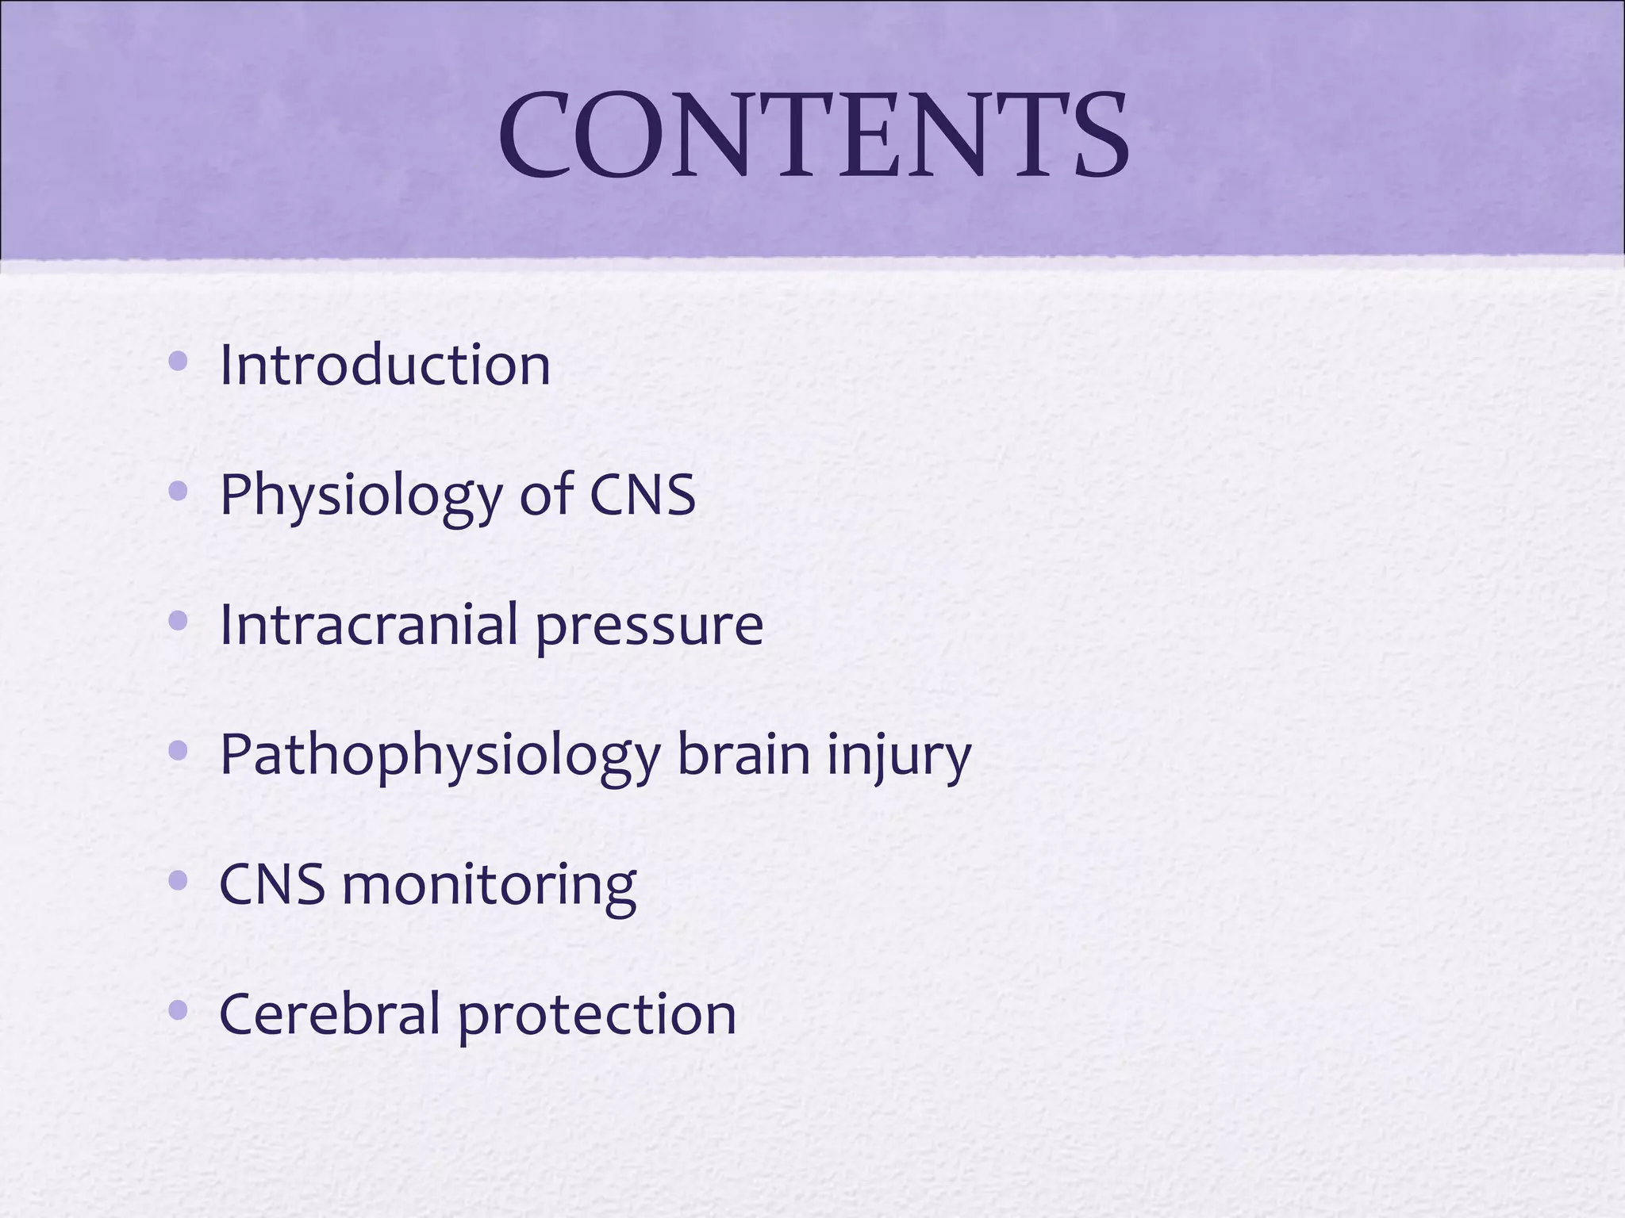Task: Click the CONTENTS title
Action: pyautogui.click(x=813, y=135)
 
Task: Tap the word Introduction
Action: pyautogui.click(x=385, y=366)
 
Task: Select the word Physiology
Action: pyautogui.click(x=360, y=496)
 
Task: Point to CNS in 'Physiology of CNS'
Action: pyautogui.click(x=642, y=494)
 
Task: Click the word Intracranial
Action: pyautogui.click(x=368, y=624)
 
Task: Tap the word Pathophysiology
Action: pyautogui.click(x=440, y=756)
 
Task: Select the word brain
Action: pyautogui.click(x=743, y=754)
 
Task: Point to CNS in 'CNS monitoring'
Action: pyautogui.click(x=271, y=884)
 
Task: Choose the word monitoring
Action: pyautogui.click(x=489, y=886)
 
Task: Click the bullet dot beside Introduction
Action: pyautogui.click(x=179, y=362)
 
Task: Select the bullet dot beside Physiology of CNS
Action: pyautogui.click(x=179, y=492)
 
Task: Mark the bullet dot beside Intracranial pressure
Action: pyautogui.click(x=179, y=622)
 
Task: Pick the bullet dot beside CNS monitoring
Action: pyautogui.click(x=179, y=880)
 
